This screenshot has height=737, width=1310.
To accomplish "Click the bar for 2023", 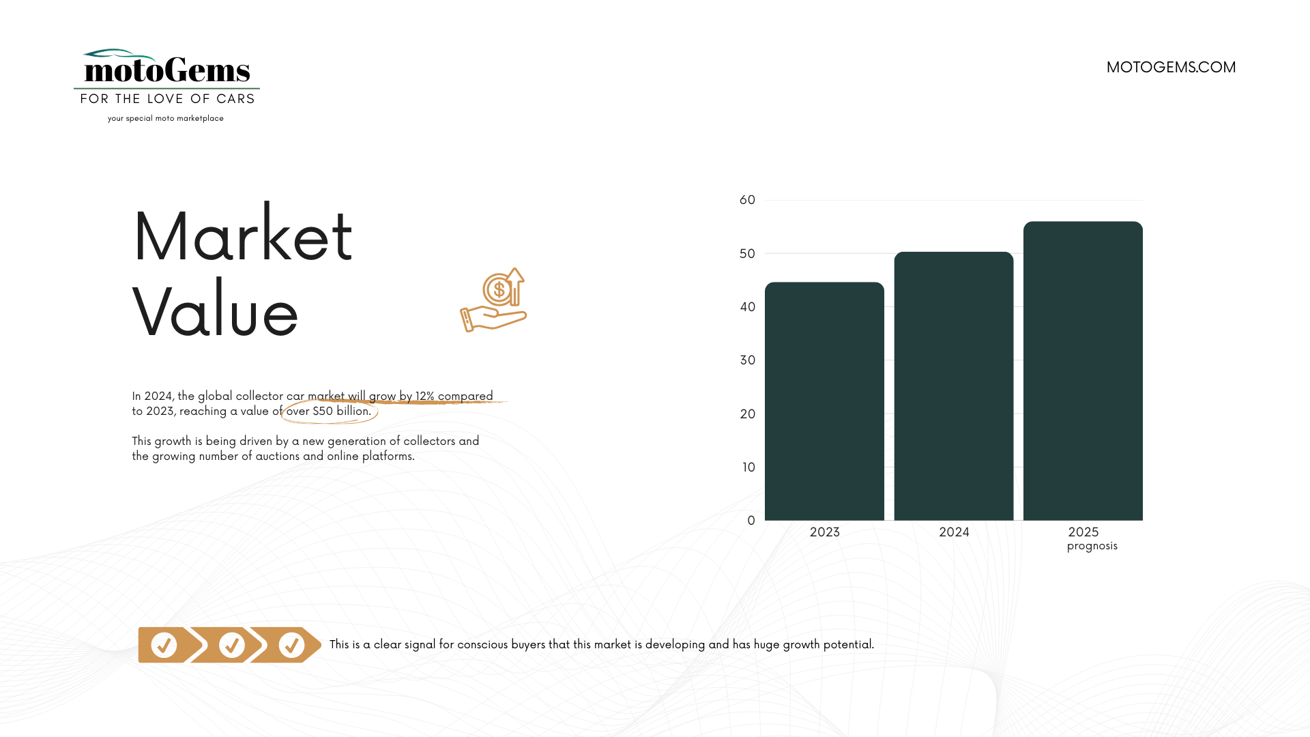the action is (x=824, y=401).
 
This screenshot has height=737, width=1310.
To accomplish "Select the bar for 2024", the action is (x=954, y=386).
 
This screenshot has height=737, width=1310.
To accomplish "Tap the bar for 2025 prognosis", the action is (x=1083, y=371).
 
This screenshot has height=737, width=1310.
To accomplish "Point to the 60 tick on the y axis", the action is (x=747, y=200).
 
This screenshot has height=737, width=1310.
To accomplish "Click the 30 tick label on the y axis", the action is (x=747, y=360).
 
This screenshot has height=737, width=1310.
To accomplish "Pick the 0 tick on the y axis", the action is (x=751, y=521).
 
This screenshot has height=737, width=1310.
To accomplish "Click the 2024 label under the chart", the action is (x=954, y=532).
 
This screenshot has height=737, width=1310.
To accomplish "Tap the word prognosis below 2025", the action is (x=1092, y=546).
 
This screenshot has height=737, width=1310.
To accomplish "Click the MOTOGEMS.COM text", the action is (x=1171, y=67).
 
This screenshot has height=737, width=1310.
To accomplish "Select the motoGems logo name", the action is (x=167, y=70).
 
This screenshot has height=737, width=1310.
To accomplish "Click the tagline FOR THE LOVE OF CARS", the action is (x=167, y=99).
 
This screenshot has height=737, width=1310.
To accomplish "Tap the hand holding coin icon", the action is (x=493, y=300).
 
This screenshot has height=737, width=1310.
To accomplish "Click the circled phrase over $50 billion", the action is (x=329, y=411).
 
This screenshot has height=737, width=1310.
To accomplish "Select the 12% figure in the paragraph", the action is (x=424, y=396).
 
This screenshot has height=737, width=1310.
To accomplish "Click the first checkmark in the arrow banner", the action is (x=164, y=645).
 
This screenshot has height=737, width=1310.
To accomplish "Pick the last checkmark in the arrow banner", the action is (x=291, y=645).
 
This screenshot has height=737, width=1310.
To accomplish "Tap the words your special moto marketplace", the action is (x=166, y=119).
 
